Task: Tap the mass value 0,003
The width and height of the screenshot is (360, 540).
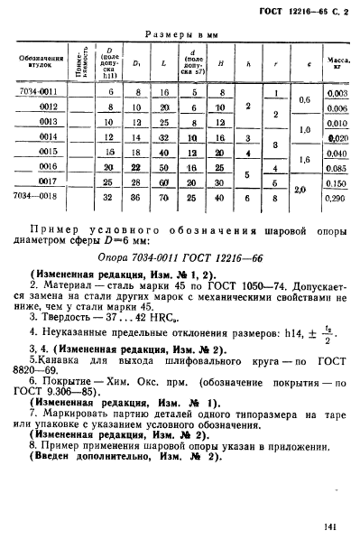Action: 337,93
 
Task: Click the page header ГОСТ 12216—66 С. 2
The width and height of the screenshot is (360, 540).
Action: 302,14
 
